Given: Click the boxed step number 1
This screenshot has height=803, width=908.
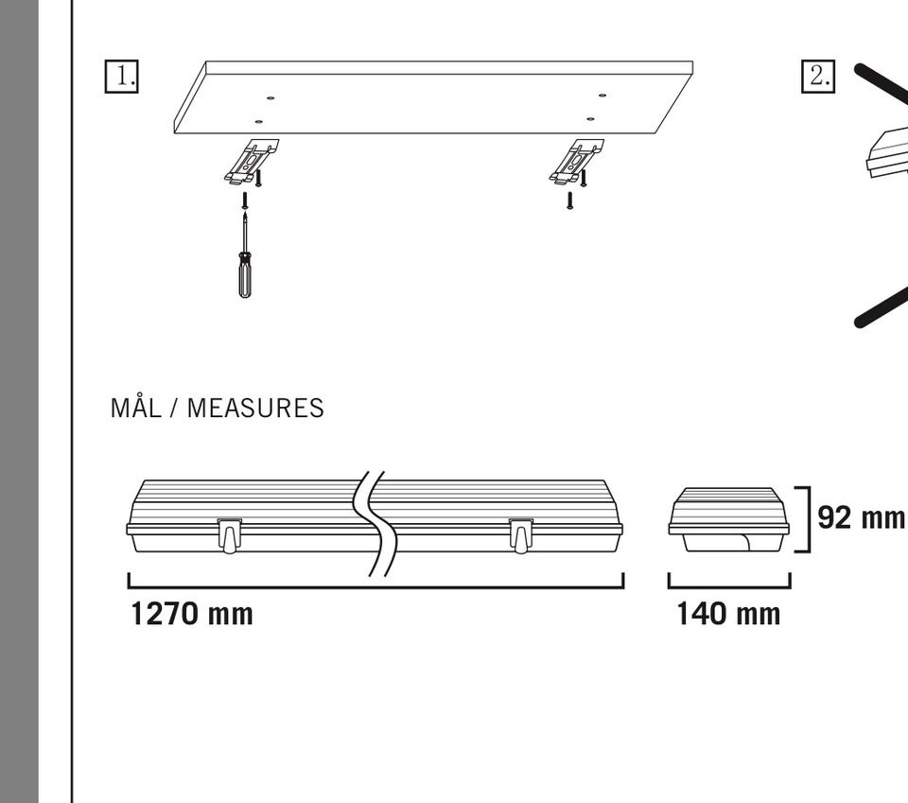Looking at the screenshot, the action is point(122,76).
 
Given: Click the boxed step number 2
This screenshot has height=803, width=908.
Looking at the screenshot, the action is point(818,76).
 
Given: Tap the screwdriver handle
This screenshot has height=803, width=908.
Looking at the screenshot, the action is point(245,277).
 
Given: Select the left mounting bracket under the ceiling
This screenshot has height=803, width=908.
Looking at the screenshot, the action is point(251,162).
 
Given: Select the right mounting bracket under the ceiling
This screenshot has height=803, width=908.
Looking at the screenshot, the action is point(576,162).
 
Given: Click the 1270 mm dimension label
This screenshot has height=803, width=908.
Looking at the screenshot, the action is point(192,614).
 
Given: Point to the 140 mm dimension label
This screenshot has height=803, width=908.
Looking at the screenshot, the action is point(728,614).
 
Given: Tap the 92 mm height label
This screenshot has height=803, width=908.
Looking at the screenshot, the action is point(861,517).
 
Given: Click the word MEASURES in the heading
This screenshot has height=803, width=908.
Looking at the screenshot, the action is point(255,409).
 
